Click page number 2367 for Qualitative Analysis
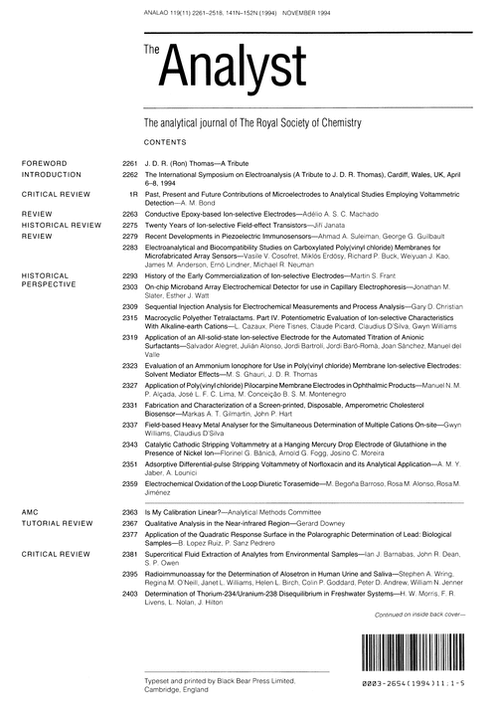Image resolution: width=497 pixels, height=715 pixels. click(128, 521)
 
